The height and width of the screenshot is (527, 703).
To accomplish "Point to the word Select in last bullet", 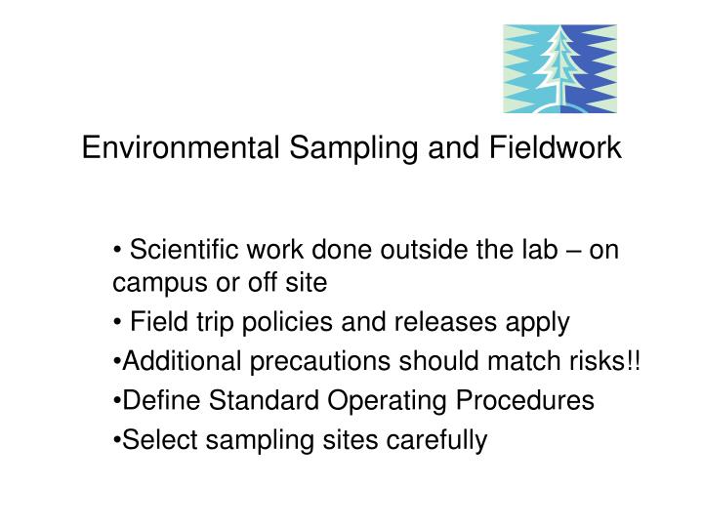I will pos(155,441).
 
